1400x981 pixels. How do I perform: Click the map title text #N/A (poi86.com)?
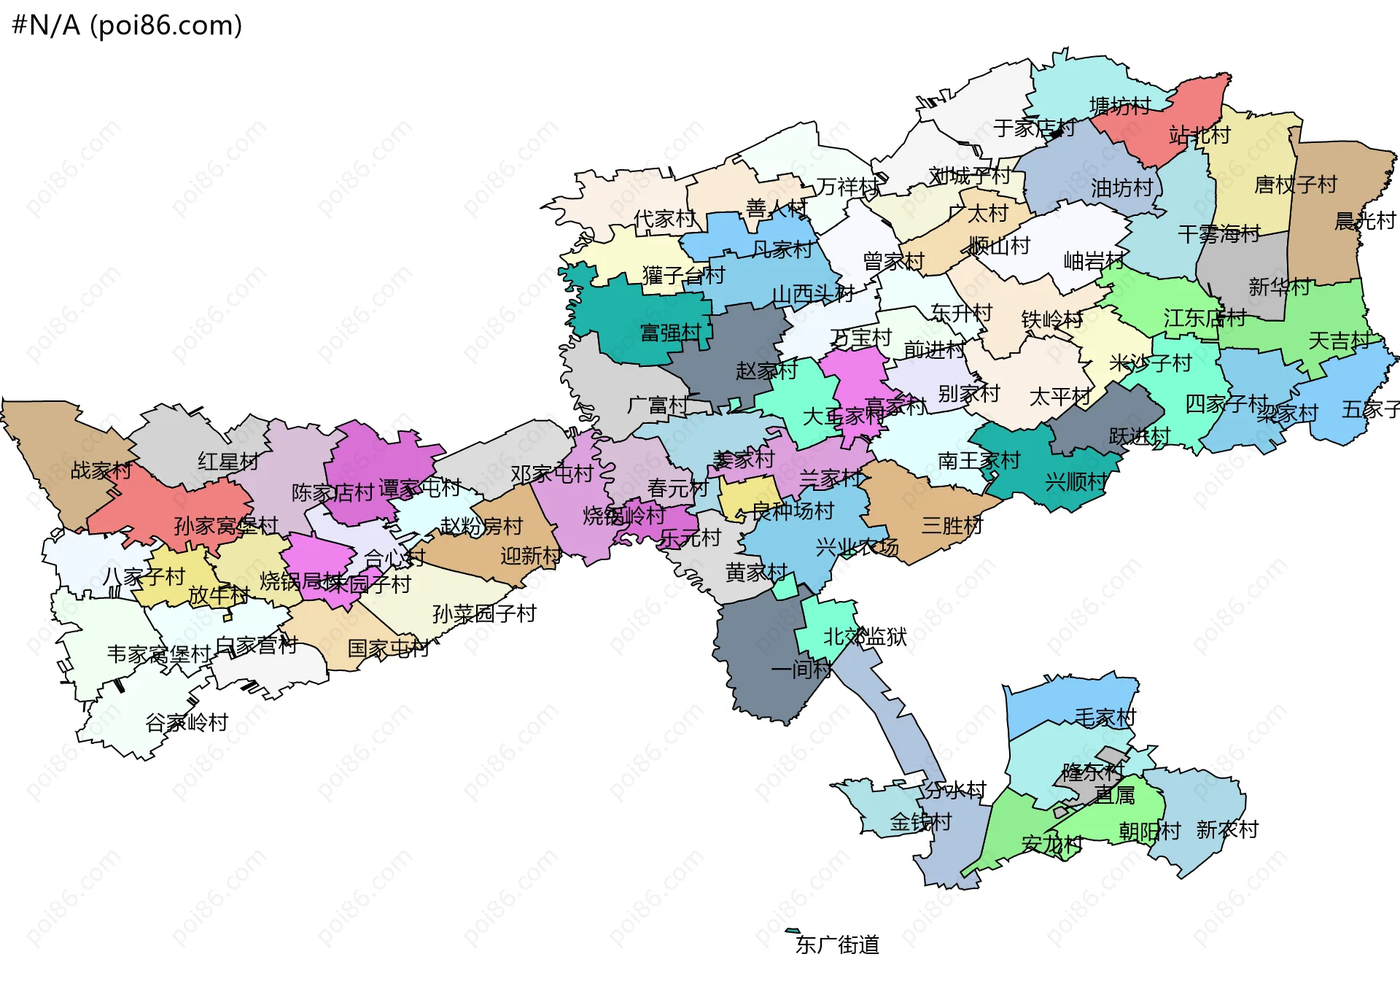pos(127,26)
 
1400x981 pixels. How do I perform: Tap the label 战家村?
pos(101,470)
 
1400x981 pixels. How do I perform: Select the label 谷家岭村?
pos(187,722)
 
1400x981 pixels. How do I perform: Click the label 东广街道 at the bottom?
pos(837,945)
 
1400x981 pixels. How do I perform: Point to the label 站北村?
pos(1199,135)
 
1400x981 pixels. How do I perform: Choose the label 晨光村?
pos(1364,221)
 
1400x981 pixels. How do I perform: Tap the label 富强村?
pos(670,333)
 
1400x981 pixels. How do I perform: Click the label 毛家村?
pos(1105,718)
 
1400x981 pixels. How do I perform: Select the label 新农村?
pos(1227,829)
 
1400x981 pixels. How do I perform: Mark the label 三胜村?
pos(952,525)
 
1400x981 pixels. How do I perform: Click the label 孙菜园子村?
pos(484,613)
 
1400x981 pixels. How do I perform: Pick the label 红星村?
pos(228,461)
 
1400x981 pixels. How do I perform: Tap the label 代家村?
pos(664,219)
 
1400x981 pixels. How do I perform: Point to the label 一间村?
pos(801,669)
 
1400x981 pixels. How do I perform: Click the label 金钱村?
pos(920,822)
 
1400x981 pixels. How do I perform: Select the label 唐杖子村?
pos(1295,185)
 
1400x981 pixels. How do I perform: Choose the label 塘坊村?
pos(1120,106)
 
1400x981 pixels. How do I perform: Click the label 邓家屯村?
pos(552,474)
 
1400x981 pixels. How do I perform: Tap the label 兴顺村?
pos(1076,481)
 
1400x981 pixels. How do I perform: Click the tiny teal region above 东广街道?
pos(792,931)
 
